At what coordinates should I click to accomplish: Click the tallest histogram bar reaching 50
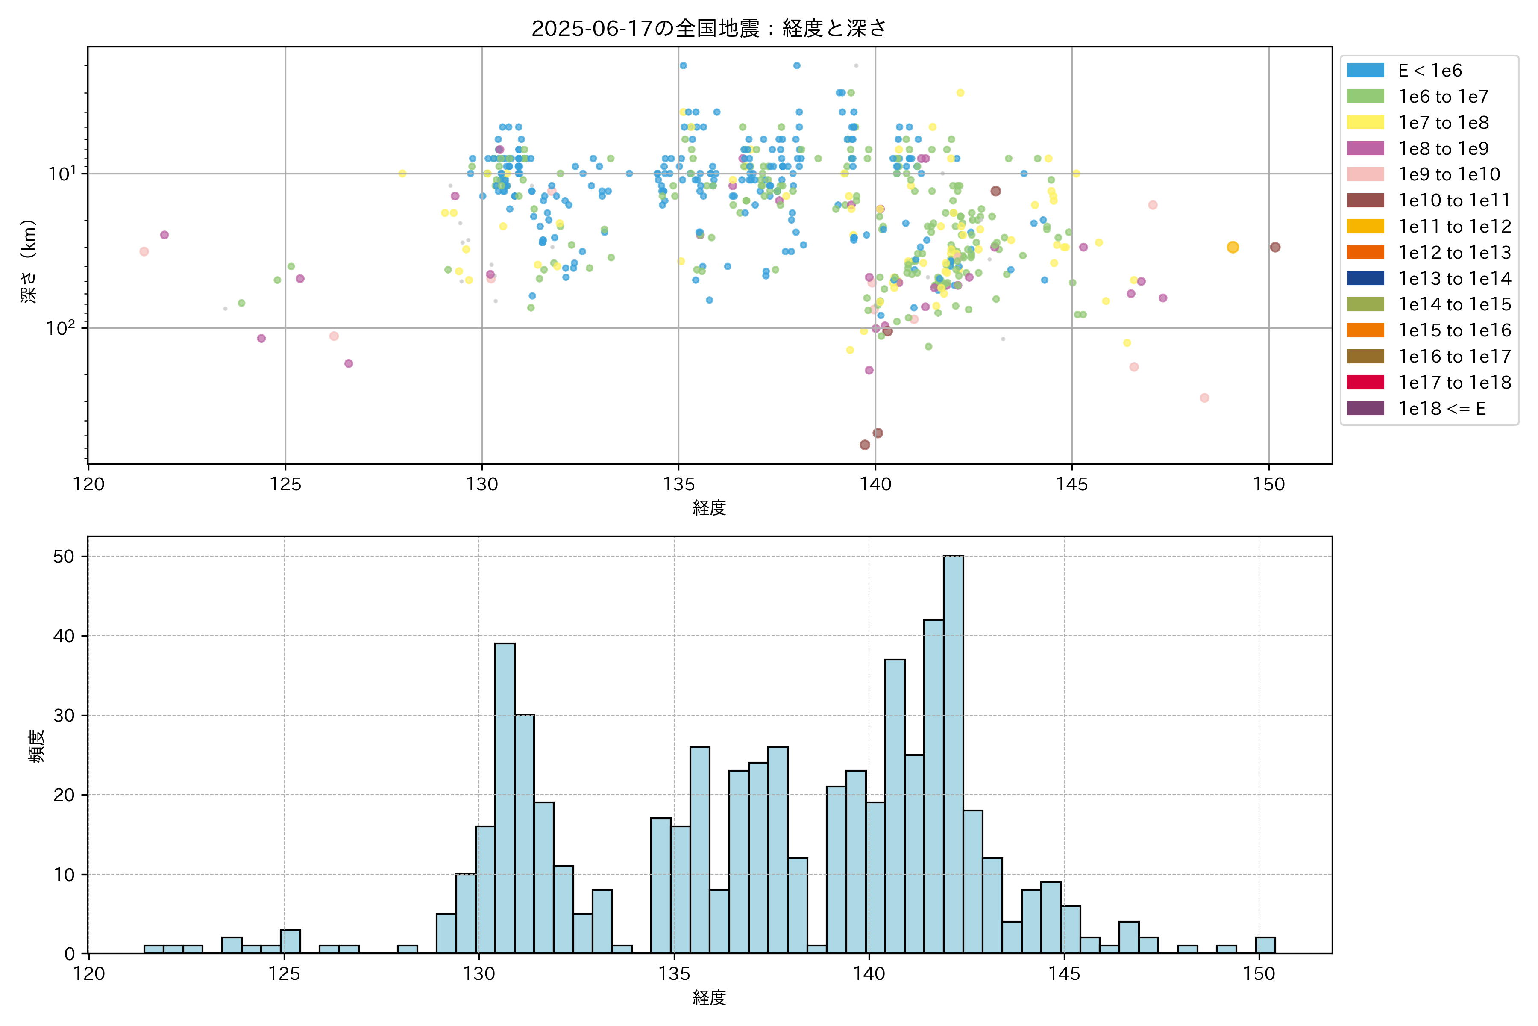[953, 754]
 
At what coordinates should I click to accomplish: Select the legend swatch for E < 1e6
[1365, 71]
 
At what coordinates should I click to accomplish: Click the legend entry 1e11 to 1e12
[1454, 227]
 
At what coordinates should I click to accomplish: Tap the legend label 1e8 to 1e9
[1443, 148]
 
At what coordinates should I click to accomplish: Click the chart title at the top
[709, 28]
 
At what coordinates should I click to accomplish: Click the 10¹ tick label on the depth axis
[62, 174]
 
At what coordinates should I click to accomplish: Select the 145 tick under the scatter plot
[1072, 484]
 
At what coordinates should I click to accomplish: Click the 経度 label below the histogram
[709, 997]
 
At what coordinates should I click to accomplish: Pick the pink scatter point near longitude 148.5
[1204, 398]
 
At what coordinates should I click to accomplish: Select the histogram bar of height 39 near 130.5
[504, 798]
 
